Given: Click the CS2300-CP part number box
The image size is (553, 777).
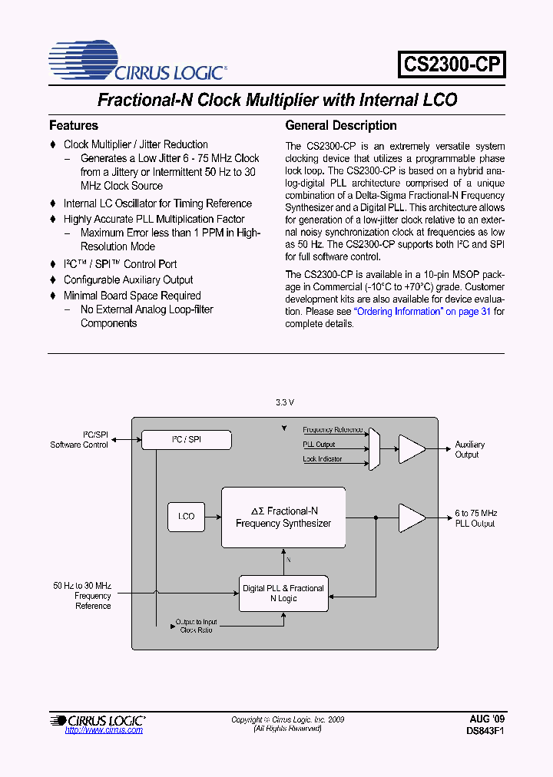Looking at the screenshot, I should pos(452,64).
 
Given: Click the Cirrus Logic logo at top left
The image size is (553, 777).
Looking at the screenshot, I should pos(137,61).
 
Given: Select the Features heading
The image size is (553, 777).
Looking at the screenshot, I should pos(74,125).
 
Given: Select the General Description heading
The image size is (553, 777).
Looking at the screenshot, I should pos(341,125).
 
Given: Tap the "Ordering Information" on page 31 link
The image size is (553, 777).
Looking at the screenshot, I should pos(422,312).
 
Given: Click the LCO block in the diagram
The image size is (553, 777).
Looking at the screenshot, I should pos(187,517).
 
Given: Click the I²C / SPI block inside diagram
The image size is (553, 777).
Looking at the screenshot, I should pos(187,440).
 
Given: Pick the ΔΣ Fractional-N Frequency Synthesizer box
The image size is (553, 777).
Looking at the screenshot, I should pos(283,517).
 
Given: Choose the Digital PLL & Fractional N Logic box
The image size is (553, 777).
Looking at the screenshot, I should pos(283,593).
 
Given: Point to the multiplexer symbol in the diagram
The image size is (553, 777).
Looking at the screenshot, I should pos(374,448).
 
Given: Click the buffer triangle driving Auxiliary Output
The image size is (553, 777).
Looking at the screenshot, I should pos(412,448).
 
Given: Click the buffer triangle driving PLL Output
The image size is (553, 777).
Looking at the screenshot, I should pos(412,517).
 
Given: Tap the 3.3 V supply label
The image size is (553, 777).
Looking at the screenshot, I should pos(285,403).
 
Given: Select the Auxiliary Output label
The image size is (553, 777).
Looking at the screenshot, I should pos(470,449).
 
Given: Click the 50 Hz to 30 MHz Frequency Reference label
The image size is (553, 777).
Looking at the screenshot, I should pos(82,596).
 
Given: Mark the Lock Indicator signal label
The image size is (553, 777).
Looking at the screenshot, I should pos(323,459).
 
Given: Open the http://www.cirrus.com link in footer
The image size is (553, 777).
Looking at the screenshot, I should pos(104,729).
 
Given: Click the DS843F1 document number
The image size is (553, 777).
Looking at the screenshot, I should pos(485,731).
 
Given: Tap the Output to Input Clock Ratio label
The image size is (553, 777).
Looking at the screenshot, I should pos(197,626).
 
